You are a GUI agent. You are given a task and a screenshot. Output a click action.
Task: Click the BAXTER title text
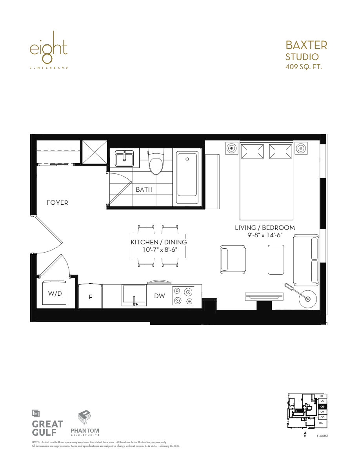[x=306, y=45]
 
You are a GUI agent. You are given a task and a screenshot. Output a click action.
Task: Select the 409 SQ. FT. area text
[x=304, y=67]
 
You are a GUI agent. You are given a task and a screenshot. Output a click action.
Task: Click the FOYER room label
[x=57, y=203]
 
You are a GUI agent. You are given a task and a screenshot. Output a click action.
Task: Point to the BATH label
[x=144, y=190]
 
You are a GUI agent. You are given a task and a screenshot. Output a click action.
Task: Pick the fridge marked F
[x=91, y=297]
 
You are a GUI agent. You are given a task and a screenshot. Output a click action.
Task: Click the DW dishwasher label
[x=159, y=296]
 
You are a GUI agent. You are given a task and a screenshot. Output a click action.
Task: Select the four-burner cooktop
[x=184, y=296]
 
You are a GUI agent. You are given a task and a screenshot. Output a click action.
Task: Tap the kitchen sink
[x=134, y=295]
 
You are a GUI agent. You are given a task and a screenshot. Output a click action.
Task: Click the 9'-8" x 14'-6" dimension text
[x=265, y=235]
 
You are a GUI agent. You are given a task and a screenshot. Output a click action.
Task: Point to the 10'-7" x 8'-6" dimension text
[x=159, y=249]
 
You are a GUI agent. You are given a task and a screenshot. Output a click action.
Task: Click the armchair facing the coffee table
[x=233, y=260]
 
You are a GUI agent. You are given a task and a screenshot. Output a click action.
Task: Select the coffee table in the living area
[x=276, y=260]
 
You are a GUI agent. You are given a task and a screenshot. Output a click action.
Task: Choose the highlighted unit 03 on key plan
[x=322, y=406]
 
